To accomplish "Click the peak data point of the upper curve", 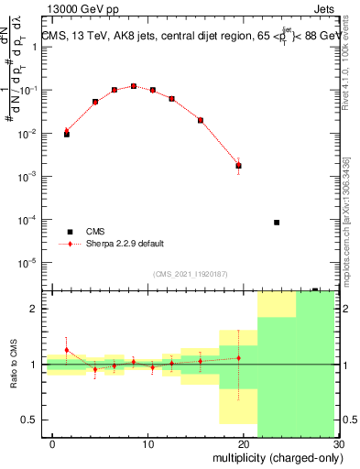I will click(x=134, y=86).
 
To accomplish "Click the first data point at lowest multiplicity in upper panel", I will click(x=66, y=133).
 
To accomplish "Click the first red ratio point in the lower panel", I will click(x=66, y=350).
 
